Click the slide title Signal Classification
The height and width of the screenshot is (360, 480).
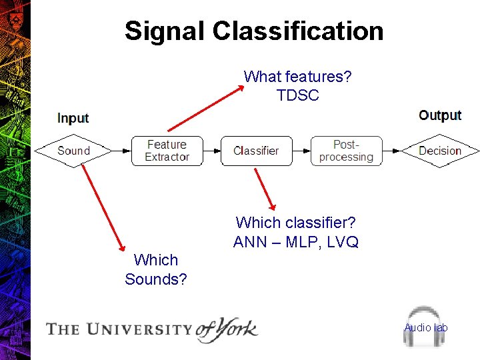[x=254, y=31]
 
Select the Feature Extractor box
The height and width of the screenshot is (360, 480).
[x=167, y=151]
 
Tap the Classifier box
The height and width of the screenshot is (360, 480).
[x=256, y=151]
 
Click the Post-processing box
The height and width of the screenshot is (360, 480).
[x=347, y=151]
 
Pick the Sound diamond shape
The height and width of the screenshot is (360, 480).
[x=73, y=151]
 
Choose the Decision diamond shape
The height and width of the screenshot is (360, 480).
[x=440, y=151]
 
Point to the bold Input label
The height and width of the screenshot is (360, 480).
[x=73, y=118]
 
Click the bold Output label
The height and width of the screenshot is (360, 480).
[x=440, y=115]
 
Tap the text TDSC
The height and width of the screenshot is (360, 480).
[x=298, y=95]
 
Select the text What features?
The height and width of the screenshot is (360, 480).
[x=298, y=77]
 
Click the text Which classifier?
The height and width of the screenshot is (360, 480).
[x=296, y=223]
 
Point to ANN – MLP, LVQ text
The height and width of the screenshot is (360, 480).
[x=296, y=242]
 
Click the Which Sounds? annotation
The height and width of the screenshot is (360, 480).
[x=156, y=269]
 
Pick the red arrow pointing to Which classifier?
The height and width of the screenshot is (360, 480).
[x=265, y=189]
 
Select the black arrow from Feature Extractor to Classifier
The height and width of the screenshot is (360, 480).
[x=211, y=151]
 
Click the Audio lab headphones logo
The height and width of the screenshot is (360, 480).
[x=425, y=327]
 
